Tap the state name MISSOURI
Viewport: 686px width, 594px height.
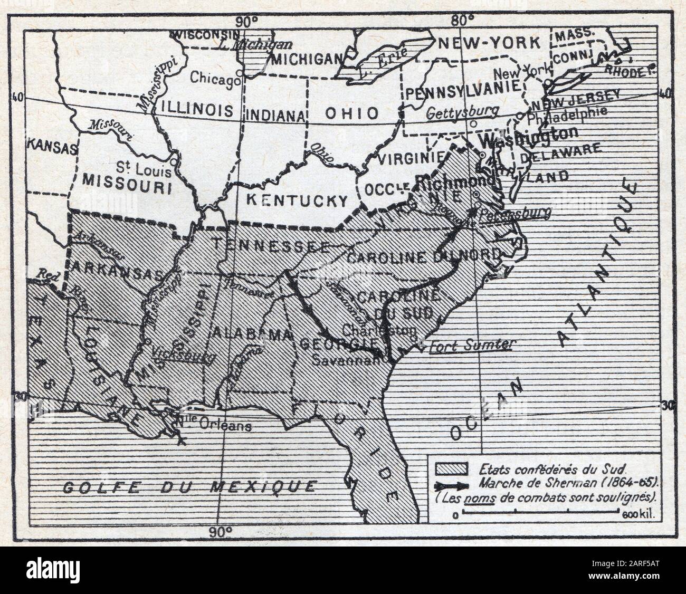pos(128,187)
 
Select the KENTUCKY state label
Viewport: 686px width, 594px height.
pos(298,200)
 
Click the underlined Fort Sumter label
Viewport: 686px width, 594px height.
pos(471,345)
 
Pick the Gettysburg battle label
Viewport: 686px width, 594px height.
pos(463,112)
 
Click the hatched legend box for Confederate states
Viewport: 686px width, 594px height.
pos(452,468)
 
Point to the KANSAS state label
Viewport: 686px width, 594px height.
pos(49,146)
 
